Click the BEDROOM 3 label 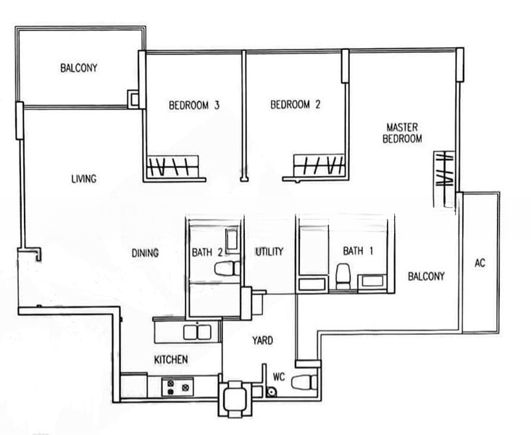click(194, 105)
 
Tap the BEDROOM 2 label click(295, 105)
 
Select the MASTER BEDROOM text click(404, 132)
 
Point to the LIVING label click(84, 179)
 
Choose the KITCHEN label click(171, 360)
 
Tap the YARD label click(262, 339)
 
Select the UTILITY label click(268, 252)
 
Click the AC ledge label click(479, 262)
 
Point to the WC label click(280, 377)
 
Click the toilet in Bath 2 click(226, 269)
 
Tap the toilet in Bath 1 click(342, 275)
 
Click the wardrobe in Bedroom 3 click(173, 167)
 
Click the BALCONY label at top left click(79, 69)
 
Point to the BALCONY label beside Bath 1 click(426, 276)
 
